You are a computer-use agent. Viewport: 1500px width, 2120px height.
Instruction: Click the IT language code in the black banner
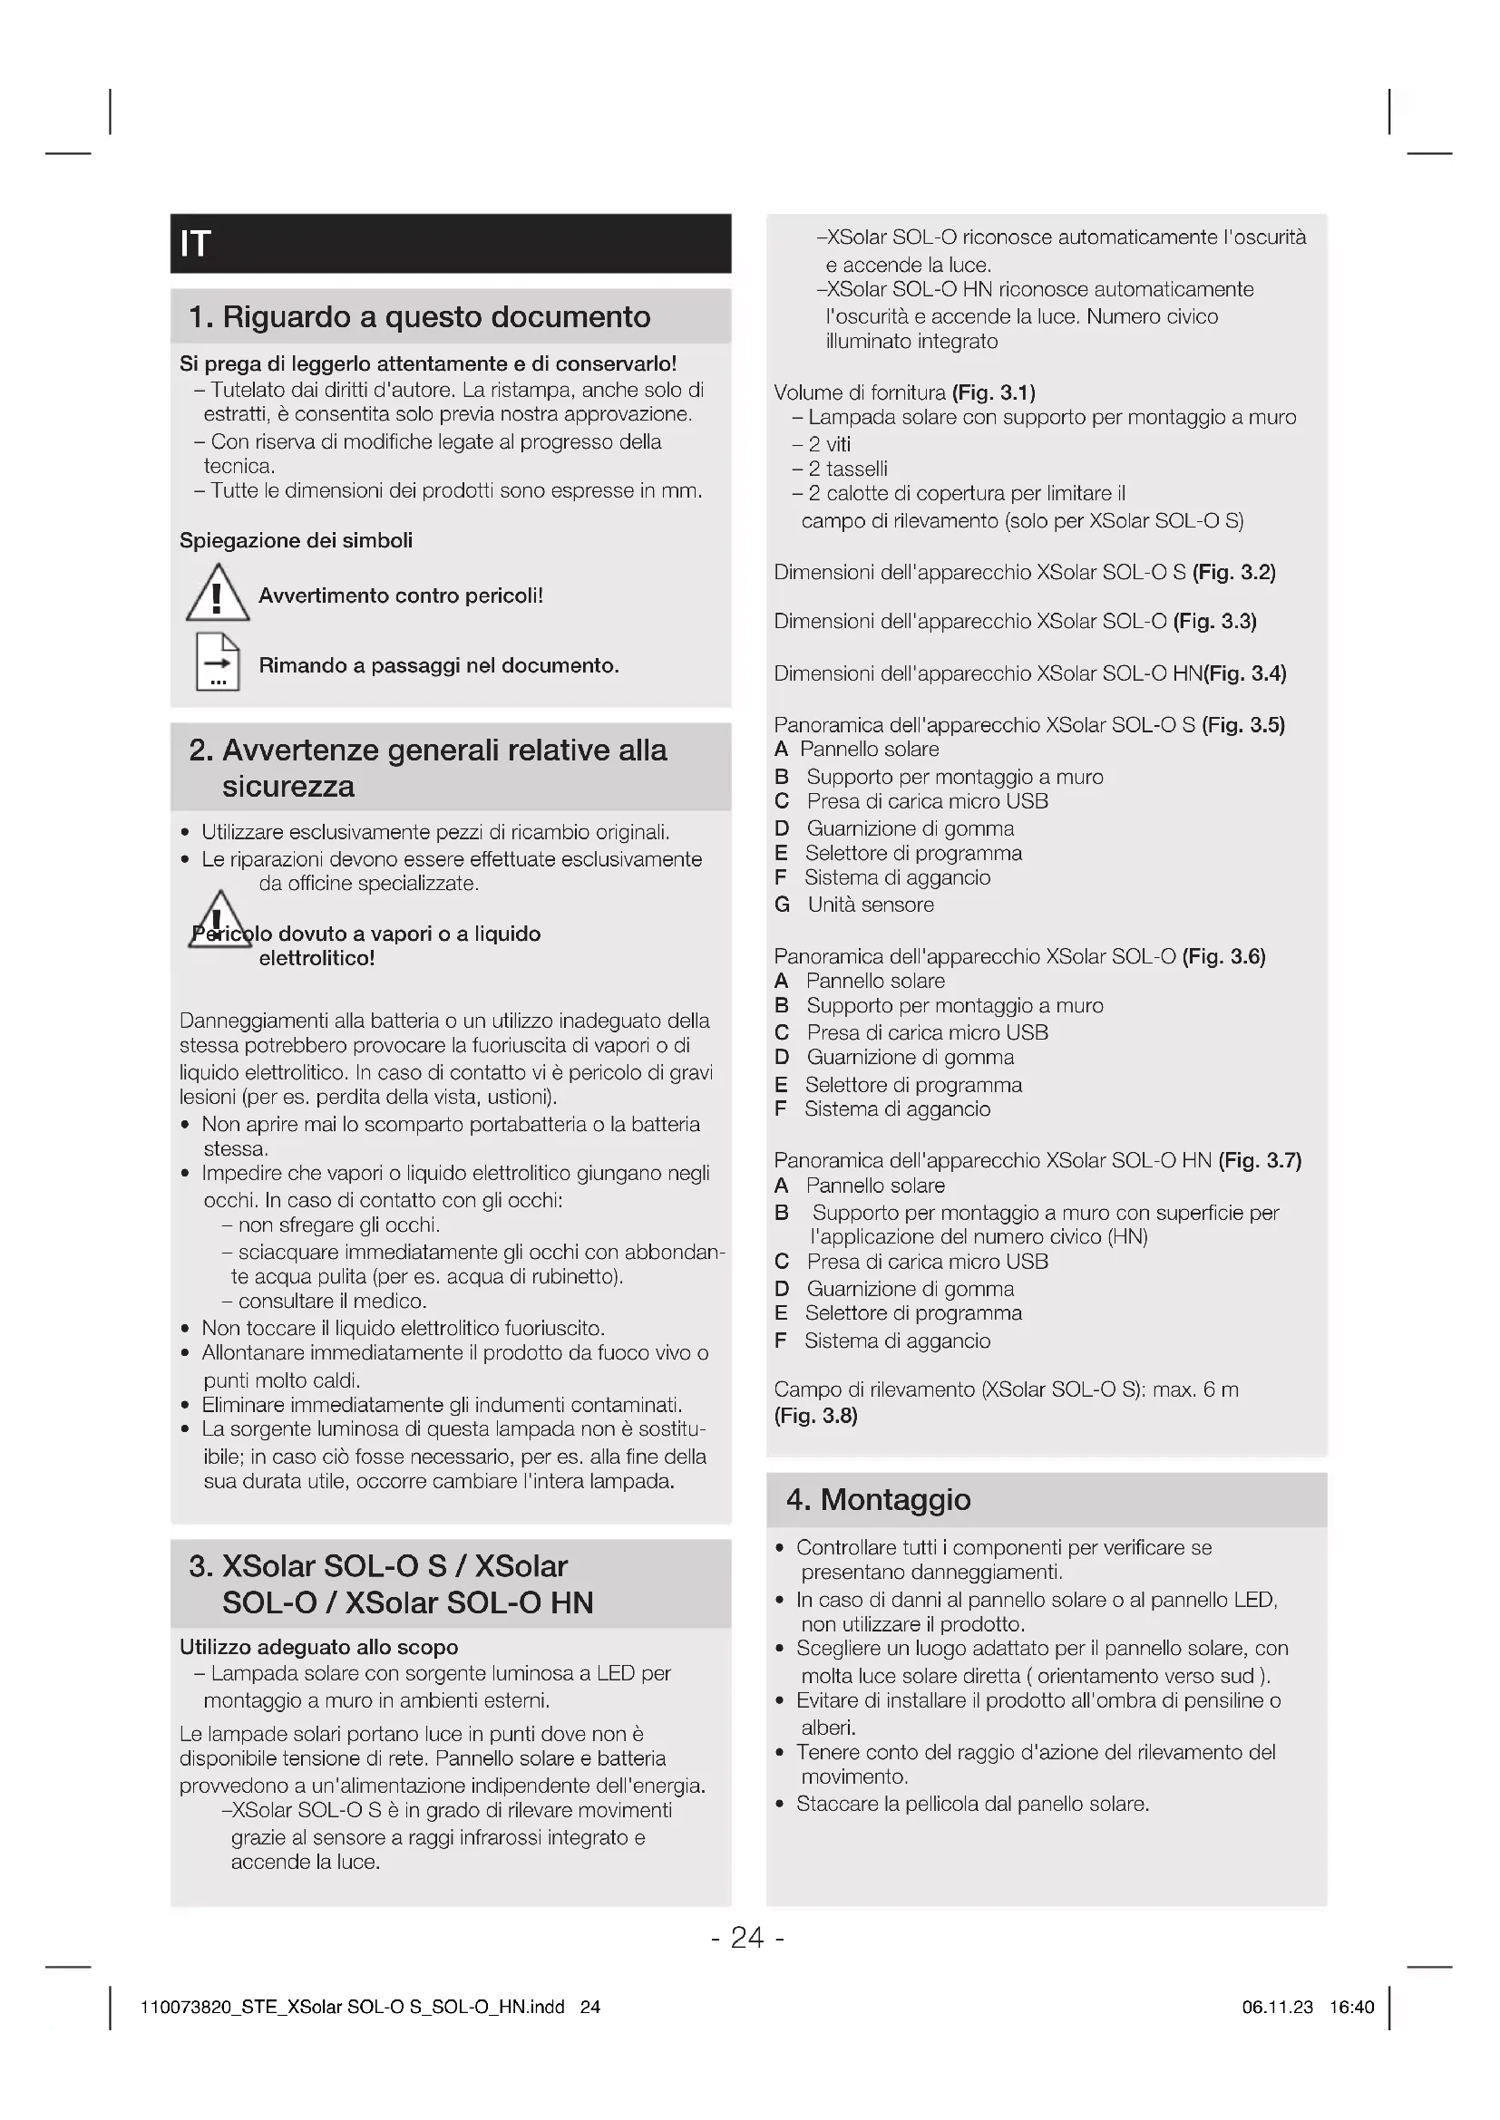(x=195, y=244)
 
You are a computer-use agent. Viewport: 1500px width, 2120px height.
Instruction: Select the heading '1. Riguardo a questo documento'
(x=419, y=316)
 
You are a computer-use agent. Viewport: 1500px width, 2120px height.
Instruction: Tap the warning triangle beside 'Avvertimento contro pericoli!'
(x=217, y=593)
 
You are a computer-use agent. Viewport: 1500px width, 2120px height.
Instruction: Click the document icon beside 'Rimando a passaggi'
(x=218, y=662)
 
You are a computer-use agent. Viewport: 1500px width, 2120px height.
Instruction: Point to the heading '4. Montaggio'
(x=878, y=1498)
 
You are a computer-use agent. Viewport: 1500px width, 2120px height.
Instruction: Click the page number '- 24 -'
(x=748, y=1936)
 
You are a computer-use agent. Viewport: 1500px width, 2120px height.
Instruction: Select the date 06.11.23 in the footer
(x=1278, y=2007)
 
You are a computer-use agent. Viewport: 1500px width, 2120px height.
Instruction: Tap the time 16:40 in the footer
(x=1351, y=2007)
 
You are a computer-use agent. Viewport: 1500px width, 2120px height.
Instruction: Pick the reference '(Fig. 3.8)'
(x=815, y=1416)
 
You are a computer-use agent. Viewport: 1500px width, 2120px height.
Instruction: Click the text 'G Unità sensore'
(x=854, y=905)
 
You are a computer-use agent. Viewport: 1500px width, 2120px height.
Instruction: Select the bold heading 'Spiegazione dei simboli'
(x=296, y=540)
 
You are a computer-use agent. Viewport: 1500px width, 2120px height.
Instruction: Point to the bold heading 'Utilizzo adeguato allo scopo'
(x=318, y=1647)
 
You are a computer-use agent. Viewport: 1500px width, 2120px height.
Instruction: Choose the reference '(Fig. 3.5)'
(x=1243, y=725)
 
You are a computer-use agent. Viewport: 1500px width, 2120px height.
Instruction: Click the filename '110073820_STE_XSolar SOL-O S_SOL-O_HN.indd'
(x=352, y=2007)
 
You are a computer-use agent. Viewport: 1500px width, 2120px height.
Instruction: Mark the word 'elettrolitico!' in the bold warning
(x=317, y=958)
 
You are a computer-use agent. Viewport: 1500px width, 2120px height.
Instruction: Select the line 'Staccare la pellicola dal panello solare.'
(x=972, y=1805)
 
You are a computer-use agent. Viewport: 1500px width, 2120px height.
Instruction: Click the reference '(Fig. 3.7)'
(x=1260, y=1160)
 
